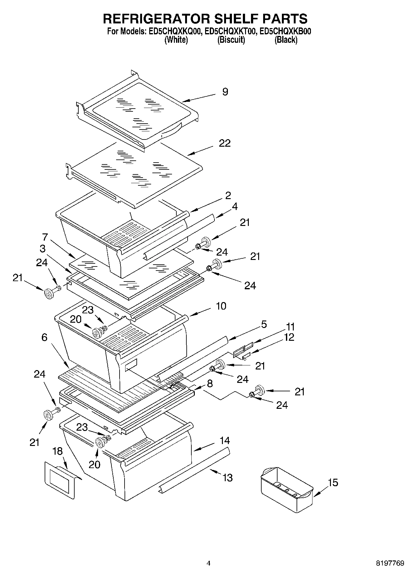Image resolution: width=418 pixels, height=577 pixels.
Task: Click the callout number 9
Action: coord(225,92)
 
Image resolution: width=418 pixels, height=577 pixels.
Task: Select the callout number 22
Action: coord(224,143)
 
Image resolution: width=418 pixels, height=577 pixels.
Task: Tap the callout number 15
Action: coord(333,482)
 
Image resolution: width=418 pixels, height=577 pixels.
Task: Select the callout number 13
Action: coord(228,477)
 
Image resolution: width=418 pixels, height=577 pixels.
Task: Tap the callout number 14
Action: coord(224,440)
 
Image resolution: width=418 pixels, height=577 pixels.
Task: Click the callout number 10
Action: coord(221,306)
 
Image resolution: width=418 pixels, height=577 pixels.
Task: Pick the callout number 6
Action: coord(44,337)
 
